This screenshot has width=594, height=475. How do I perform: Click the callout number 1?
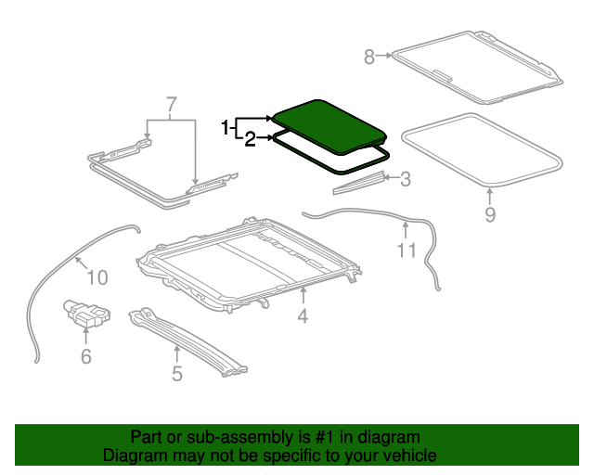tap(226, 127)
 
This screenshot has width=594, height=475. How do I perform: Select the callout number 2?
tap(250, 140)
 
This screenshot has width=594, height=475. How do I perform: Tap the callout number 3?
tap(405, 179)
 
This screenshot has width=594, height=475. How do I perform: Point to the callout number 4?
tap(302, 318)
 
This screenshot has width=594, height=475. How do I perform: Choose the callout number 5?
tap(176, 374)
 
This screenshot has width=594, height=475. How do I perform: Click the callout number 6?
tap(85, 355)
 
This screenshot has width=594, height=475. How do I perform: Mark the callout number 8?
tap(369, 58)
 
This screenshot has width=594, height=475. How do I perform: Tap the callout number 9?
tap(490, 215)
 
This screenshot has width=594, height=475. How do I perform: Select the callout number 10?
tap(97, 276)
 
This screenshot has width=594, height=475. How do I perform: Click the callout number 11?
tap(407, 250)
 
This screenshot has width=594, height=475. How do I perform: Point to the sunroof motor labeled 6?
tap(84, 315)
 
